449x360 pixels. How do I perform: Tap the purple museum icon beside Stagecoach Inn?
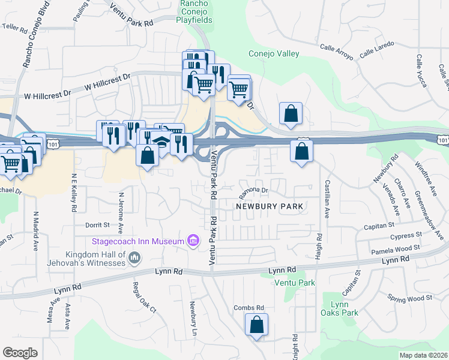[x=193, y=241]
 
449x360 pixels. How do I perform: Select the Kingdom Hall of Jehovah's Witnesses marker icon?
[x=134, y=258]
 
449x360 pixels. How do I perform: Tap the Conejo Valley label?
[x=274, y=53]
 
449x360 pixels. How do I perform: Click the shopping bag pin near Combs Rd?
[x=256, y=325]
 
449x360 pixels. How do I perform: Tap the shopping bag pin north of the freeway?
[x=291, y=113]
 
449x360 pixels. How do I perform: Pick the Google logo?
[x=20, y=352]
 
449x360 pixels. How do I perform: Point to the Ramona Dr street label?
[x=252, y=190]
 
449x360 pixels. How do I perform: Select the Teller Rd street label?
[x=15, y=28]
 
